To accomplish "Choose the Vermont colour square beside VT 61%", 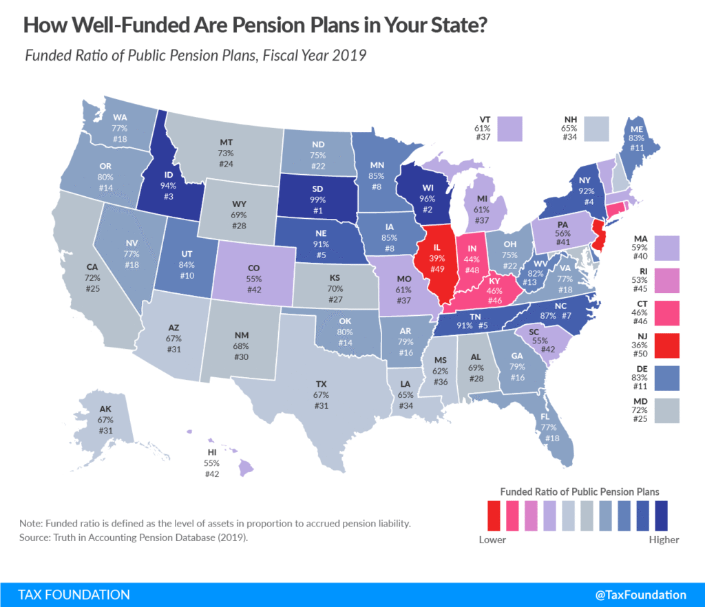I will click(511, 128).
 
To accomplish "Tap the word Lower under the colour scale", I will click(492, 540).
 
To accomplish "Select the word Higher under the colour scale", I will click(664, 540).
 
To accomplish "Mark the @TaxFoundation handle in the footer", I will click(641, 594).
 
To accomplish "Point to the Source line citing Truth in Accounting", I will click(135, 537).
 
